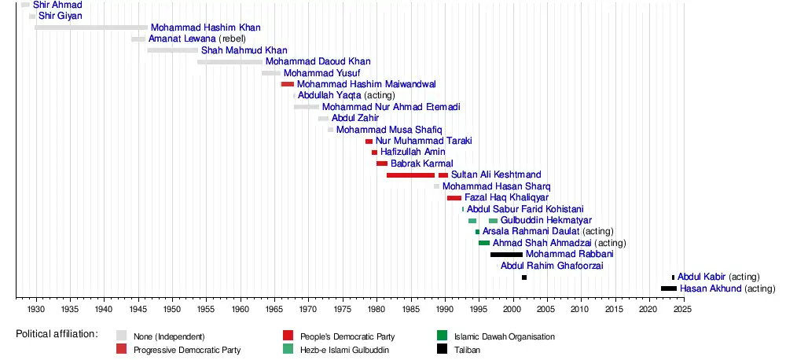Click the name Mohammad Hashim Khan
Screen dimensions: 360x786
pos(205,28)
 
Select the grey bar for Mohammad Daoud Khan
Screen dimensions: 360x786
pos(230,61)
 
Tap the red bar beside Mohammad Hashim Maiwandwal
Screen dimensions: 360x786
pos(288,84)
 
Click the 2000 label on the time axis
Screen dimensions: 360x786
pos(512,308)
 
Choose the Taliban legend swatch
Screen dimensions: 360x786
pos(442,349)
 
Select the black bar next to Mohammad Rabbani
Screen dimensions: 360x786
pos(506,255)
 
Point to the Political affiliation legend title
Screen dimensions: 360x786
pos(57,335)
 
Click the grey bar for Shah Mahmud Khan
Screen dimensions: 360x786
pos(173,50)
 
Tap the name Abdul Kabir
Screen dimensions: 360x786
pos(702,277)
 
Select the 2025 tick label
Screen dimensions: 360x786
pos(682,308)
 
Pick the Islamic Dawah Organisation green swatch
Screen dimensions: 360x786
pos(442,336)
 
